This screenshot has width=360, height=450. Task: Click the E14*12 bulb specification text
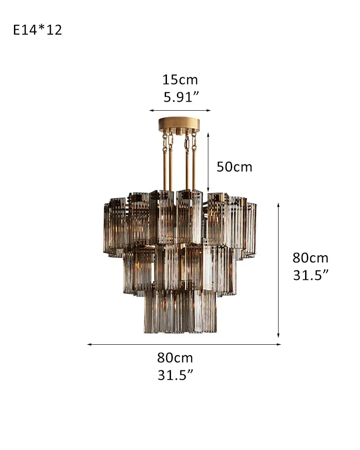(38, 30)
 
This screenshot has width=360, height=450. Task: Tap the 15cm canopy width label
(180, 80)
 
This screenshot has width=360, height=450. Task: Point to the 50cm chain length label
(234, 167)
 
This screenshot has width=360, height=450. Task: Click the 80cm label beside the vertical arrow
(310, 258)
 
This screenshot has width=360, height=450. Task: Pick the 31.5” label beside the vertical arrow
(311, 275)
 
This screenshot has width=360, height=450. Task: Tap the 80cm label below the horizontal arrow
(175, 358)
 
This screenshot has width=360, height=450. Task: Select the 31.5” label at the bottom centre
(175, 375)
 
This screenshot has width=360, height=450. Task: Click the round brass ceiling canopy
(180, 124)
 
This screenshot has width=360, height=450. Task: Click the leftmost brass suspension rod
(165, 171)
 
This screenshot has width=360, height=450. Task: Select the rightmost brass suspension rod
(194, 171)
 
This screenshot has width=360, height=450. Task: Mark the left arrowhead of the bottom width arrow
(89, 344)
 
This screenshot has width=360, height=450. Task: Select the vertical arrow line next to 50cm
(208, 162)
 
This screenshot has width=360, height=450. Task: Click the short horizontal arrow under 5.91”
(180, 110)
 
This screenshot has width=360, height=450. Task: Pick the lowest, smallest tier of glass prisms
(180, 310)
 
